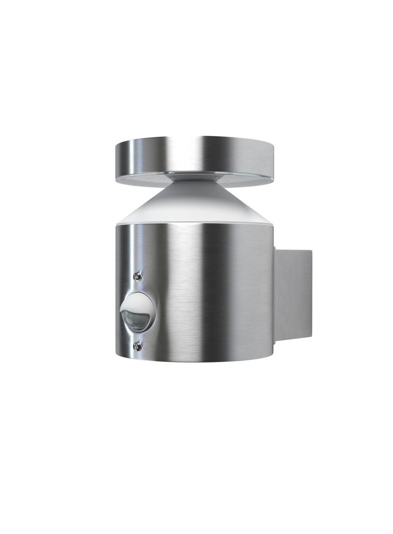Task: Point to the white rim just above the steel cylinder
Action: point(195,221)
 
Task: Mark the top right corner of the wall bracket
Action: point(311,250)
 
